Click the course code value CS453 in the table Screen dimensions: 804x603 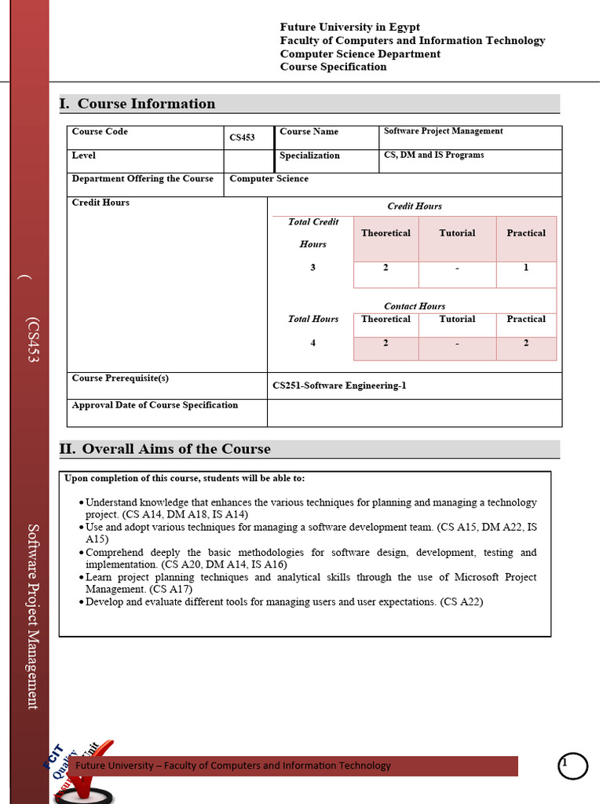(242, 138)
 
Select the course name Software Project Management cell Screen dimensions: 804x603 (444, 131)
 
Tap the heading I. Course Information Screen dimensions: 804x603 (137, 104)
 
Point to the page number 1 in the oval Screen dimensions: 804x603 (565, 763)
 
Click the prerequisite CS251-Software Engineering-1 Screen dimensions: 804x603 (339, 386)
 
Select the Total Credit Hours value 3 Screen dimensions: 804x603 (312, 268)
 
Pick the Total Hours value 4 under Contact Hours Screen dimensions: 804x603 (312, 343)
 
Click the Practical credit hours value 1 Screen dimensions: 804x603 (526, 268)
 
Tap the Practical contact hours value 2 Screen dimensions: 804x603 (526, 343)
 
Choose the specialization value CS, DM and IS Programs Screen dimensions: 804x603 (433, 155)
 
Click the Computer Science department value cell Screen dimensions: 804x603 (269, 179)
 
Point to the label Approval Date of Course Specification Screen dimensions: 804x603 (155, 405)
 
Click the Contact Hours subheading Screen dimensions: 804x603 (415, 306)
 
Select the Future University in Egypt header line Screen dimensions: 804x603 (350, 27)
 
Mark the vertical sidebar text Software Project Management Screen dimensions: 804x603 (33, 616)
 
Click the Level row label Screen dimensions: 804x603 (84, 155)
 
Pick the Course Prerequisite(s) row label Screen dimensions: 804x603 (120, 378)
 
